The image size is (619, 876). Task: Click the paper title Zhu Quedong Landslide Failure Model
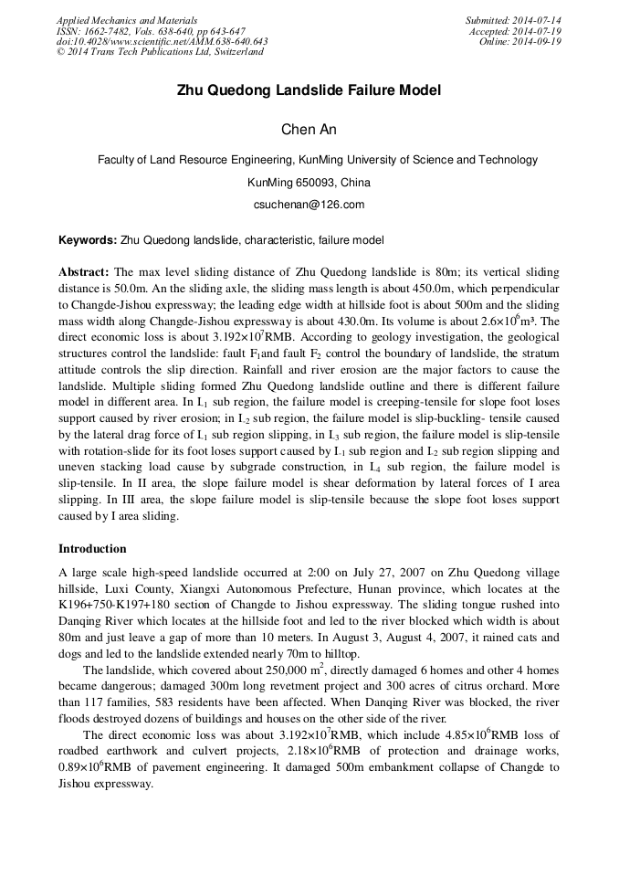tap(309, 90)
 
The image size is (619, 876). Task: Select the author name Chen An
tap(309, 130)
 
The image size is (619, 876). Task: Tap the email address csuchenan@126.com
tap(309, 205)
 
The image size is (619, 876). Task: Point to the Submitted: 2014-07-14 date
tap(514, 20)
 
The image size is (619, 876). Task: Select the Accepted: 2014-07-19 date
tap(515, 31)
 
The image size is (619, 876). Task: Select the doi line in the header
tap(162, 42)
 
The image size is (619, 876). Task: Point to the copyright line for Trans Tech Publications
tap(160, 52)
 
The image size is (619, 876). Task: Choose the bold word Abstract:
tap(84, 272)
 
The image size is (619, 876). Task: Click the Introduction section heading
tap(92, 549)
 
